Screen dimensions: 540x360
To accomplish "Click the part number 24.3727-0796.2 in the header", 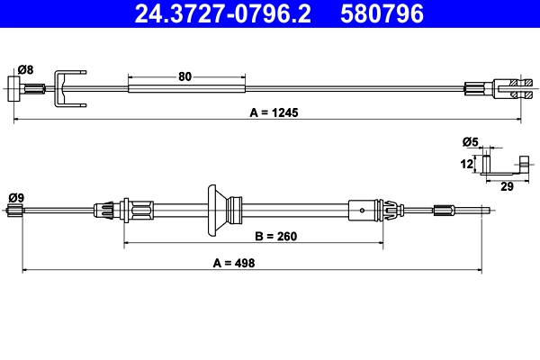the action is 222,13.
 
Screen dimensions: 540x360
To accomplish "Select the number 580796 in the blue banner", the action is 382,13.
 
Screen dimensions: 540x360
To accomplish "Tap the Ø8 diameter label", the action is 26,69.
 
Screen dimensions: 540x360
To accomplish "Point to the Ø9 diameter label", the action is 16,198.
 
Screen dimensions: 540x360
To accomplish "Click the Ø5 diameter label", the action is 471,141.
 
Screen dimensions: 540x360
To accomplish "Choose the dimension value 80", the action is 184,76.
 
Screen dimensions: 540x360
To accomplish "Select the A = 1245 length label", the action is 274,112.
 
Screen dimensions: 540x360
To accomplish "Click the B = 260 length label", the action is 276,237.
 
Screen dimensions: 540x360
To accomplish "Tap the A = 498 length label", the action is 234,263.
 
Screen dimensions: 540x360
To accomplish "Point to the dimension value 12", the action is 466,164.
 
